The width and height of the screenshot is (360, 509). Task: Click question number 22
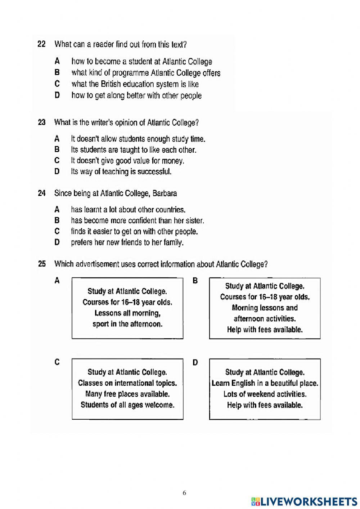[x=41, y=44]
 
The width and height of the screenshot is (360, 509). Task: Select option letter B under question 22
[x=57, y=72]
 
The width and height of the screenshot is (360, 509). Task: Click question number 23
[x=42, y=122]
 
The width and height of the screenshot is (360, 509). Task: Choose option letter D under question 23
[x=57, y=172]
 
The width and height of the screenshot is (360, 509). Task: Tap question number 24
[x=42, y=193]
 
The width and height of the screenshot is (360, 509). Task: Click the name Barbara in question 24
[x=165, y=193]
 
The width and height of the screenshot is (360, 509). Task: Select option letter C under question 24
[x=57, y=231]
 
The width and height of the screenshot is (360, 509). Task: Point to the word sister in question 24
[x=195, y=220]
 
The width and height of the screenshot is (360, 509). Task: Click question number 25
[x=42, y=264]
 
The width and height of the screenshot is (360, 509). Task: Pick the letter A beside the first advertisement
[x=57, y=281]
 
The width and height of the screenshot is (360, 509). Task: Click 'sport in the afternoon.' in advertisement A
[x=127, y=324]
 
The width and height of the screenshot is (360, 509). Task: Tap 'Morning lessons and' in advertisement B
[x=265, y=308]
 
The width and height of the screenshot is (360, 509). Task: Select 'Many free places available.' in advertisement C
[x=127, y=394]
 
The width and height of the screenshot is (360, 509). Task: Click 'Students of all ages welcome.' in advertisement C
[x=127, y=405]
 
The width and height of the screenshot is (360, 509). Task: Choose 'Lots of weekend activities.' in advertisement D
[x=265, y=394]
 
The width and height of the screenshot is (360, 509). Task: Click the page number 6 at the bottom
[x=184, y=493]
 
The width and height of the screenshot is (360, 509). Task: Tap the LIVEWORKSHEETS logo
[x=304, y=501]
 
